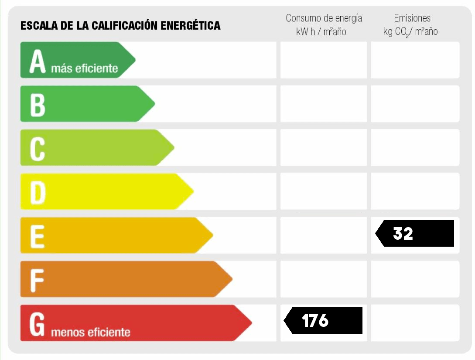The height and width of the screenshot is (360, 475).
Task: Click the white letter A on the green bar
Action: (x=38, y=61)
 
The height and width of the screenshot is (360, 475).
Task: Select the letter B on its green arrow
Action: (x=38, y=105)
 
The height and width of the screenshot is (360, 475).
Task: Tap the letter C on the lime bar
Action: (x=38, y=149)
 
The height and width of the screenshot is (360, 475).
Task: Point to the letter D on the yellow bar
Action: (x=38, y=193)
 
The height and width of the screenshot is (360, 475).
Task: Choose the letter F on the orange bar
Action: (x=37, y=280)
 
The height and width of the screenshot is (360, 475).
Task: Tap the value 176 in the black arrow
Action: (x=315, y=321)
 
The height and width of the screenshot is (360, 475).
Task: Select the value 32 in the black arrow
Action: (x=403, y=234)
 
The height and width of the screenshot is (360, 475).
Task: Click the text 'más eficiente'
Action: (x=85, y=68)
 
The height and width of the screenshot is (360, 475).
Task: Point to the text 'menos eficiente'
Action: (x=91, y=333)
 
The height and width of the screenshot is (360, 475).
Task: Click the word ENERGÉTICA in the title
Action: (x=191, y=26)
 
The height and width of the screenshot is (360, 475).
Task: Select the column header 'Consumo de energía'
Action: (x=324, y=18)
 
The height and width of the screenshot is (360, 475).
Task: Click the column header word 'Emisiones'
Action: (x=412, y=18)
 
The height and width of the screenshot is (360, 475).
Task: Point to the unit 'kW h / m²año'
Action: (x=321, y=32)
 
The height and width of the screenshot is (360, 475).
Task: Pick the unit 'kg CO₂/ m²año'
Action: (x=410, y=32)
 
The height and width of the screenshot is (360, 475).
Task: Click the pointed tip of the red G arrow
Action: (x=251, y=323)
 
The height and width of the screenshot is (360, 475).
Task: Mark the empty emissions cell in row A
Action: (x=415, y=60)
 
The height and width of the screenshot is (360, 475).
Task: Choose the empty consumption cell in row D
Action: (x=323, y=191)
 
